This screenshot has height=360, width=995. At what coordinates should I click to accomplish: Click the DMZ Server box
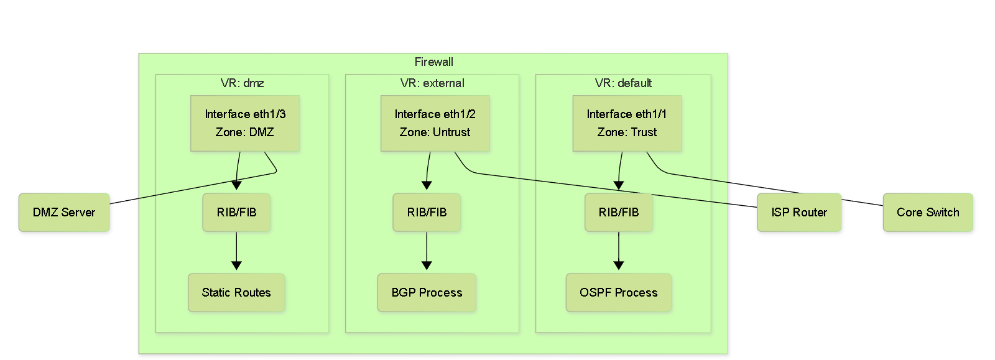[64, 212]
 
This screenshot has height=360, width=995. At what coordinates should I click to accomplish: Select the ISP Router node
[799, 212]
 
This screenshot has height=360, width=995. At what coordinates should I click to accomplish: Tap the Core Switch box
[928, 212]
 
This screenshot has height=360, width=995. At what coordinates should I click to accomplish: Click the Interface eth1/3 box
[245, 123]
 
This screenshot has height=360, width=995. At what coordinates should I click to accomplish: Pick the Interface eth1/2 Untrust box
[435, 123]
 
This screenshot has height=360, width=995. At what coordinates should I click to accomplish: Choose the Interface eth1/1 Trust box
[627, 123]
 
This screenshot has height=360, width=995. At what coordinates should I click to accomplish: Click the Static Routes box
[236, 292]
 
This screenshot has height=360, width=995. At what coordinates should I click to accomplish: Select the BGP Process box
[427, 292]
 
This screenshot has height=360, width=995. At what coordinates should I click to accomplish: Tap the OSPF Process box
[619, 292]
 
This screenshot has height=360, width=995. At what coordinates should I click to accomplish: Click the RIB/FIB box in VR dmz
[236, 212]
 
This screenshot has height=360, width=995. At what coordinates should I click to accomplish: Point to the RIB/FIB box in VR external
[427, 212]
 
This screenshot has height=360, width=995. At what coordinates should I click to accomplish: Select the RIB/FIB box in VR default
[619, 212]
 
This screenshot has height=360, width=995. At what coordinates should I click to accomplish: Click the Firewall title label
[433, 62]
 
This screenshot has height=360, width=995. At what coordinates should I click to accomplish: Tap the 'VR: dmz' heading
[242, 83]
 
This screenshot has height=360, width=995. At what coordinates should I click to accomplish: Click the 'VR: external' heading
[432, 83]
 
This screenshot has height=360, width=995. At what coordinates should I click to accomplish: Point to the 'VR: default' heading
[623, 83]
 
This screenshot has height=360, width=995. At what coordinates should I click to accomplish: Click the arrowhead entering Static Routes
[236, 265]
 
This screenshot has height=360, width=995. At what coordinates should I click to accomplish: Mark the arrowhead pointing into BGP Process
[427, 265]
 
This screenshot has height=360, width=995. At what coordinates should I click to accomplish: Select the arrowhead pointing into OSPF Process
[619, 265]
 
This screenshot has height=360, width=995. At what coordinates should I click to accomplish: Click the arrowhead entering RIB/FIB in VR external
[427, 185]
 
